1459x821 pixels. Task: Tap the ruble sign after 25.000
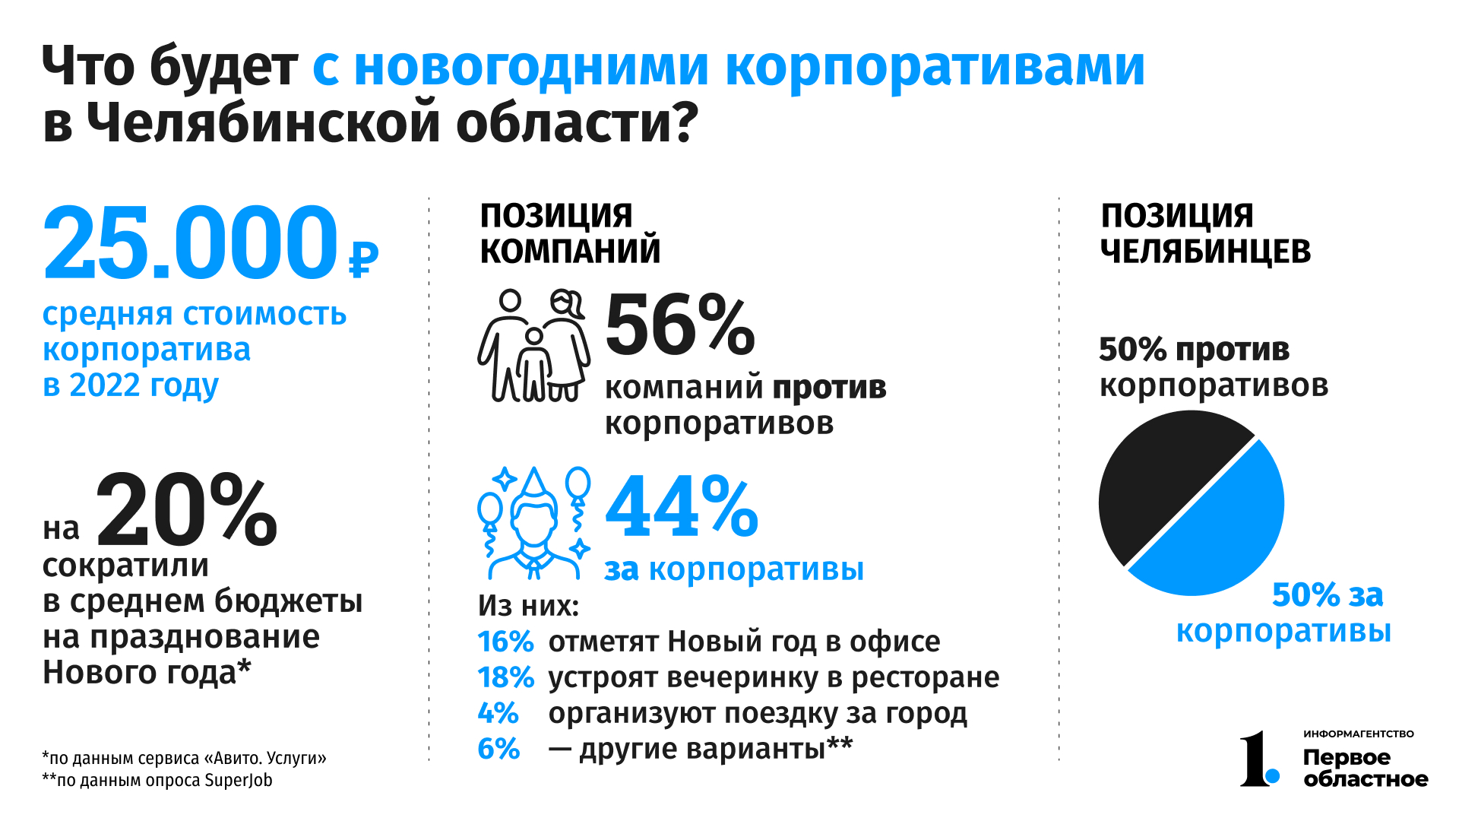(x=363, y=260)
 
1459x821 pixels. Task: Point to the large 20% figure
(x=186, y=509)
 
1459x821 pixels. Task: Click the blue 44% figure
(x=682, y=506)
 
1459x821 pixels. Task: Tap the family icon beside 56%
(x=533, y=346)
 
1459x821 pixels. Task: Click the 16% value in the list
(x=505, y=642)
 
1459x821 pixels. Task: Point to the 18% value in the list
(x=505, y=678)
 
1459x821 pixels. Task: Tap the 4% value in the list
(x=498, y=714)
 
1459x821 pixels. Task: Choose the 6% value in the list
(x=498, y=750)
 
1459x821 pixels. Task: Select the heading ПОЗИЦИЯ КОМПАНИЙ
(x=570, y=233)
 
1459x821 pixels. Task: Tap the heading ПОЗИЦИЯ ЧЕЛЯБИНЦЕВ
(x=1205, y=233)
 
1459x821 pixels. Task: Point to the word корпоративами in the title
(x=935, y=67)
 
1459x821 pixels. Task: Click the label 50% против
(x=1194, y=350)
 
